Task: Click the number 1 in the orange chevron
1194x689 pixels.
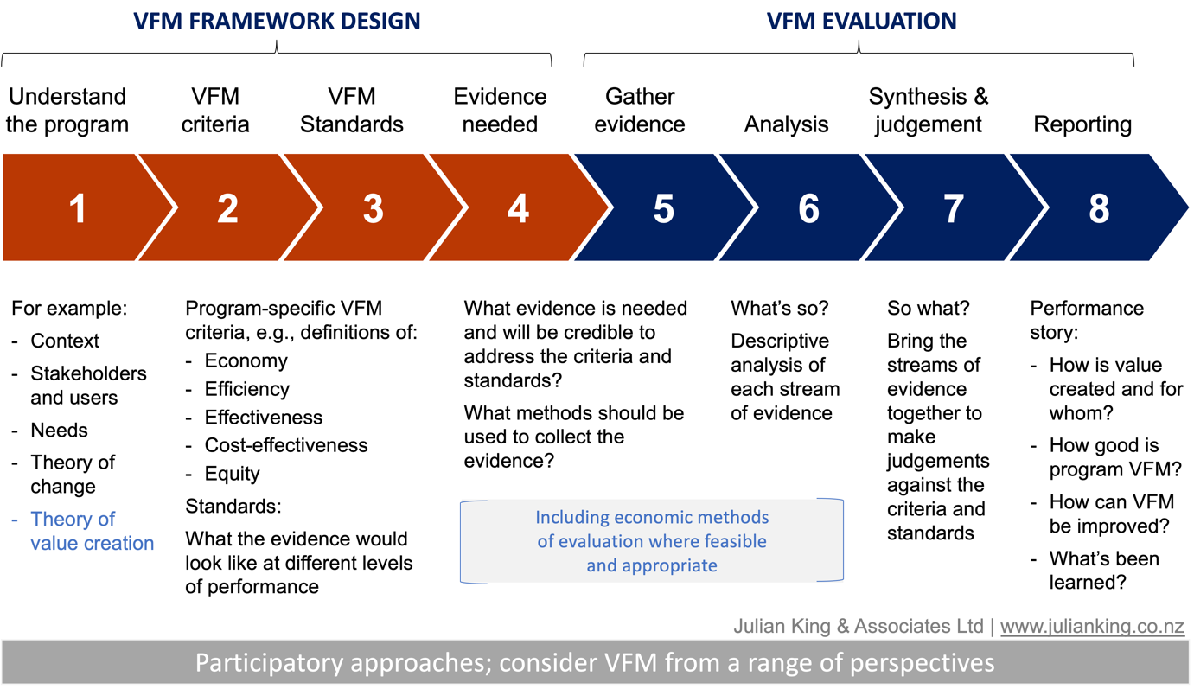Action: coord(78,208)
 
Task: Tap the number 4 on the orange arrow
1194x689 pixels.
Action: coord(518,208)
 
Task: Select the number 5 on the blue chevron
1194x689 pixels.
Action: coord(664,208)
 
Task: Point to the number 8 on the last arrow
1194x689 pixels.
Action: coord(1099,208)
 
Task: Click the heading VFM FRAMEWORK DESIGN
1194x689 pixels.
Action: coord(277,22)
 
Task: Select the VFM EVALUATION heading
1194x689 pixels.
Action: coord(861,22)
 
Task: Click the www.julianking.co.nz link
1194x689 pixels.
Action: coord(1092,626)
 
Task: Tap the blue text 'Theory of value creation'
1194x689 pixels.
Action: coord(93,532)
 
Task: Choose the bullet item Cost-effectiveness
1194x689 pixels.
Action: coord(285,445)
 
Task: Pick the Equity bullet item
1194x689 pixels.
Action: coord(232,474)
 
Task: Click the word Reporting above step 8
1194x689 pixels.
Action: coord(1082,124)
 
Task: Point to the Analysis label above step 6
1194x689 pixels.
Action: coord(786,124)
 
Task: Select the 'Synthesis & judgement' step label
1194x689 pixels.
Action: coord(929,111)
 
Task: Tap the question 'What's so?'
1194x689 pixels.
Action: coord(780,308)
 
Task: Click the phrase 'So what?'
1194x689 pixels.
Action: coord(928,308)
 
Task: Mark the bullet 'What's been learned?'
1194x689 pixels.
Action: coord(1104,571)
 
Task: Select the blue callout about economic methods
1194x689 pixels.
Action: coord(652,541)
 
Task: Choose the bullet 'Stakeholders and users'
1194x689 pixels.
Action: coord(88,386)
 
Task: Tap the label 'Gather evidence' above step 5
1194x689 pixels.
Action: coord(640,111)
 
